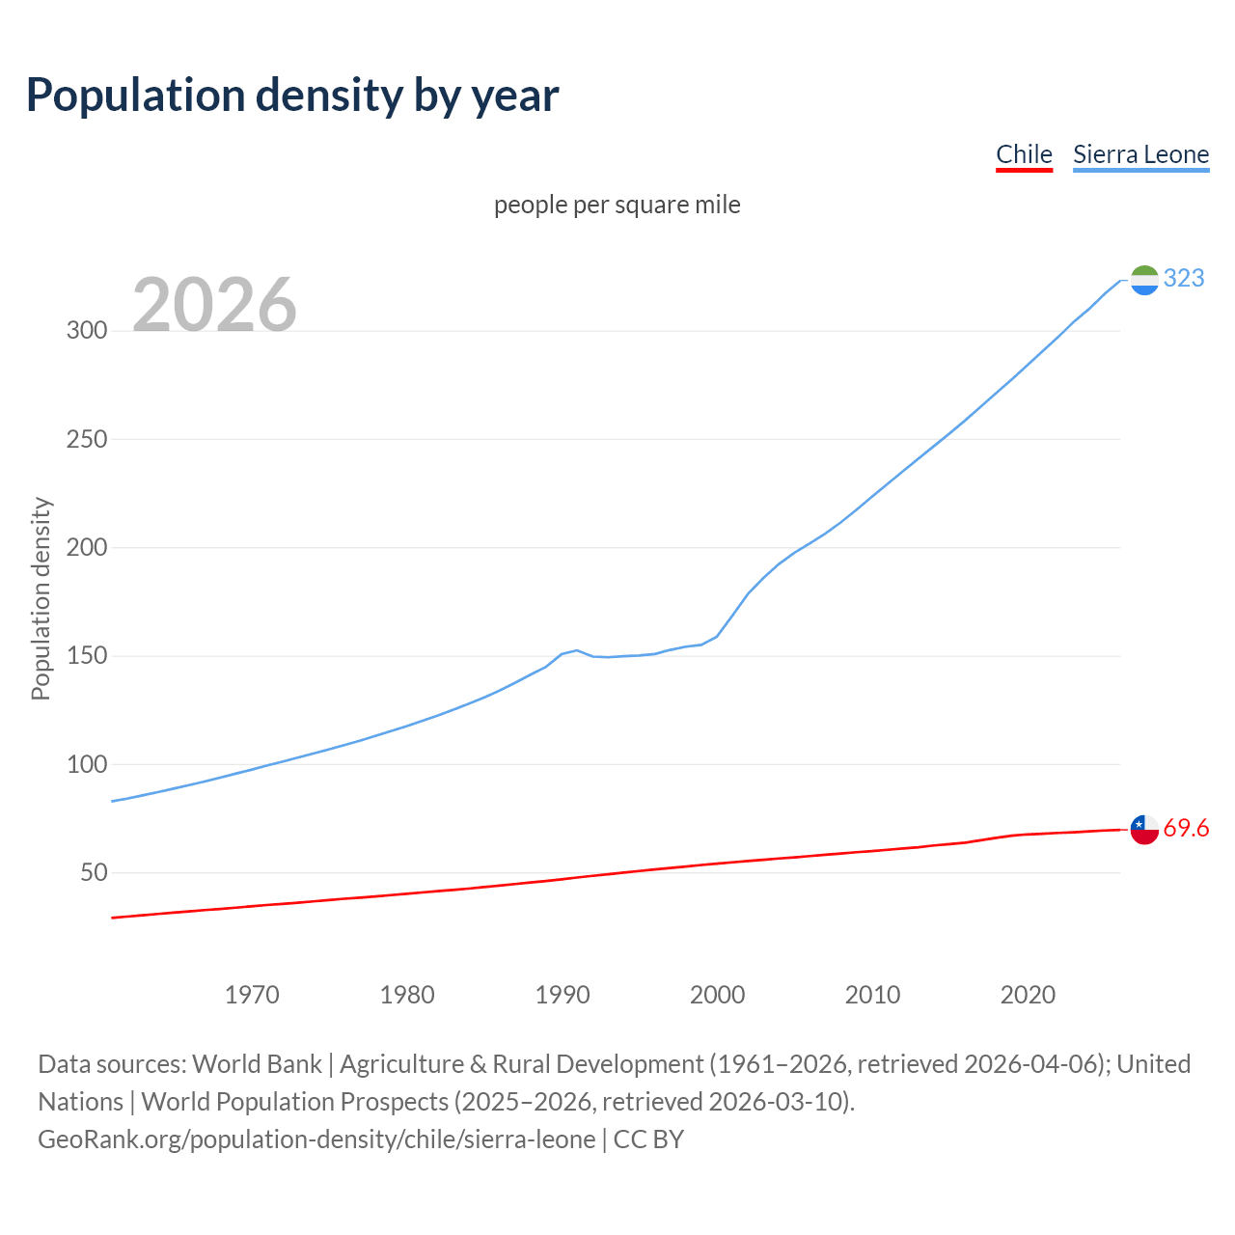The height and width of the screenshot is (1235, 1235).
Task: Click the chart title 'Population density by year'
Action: pyautogui.click(x=292, y=95)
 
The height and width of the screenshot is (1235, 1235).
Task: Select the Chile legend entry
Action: pyautogui.click(x=1024, y=154)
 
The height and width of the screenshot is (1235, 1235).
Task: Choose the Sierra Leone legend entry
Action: pyautogui.click(x=1140, y=154)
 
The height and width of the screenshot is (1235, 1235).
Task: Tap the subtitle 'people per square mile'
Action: pyautogui.click(x=617, y=205)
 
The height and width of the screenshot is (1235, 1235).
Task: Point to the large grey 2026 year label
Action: pyautogui.click(x=214, y=305)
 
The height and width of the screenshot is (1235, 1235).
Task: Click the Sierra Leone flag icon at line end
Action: pyautogui.click(x=1144, y=280)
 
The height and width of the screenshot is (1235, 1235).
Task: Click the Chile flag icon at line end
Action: pyautogui.click(x=1144, y=829)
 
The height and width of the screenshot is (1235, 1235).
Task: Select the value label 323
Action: pyautogui.click(x=1184, y=278)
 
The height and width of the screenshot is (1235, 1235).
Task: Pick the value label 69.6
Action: pyautogui.click(x=1186, y=828)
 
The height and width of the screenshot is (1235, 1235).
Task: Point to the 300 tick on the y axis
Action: pyautogui.click(x=87, y=330)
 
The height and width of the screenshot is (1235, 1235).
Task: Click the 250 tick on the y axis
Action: pyautogui.click(x=87, y=439)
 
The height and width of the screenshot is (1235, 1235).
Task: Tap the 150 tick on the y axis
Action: pyautogui.click(x=87, y=656)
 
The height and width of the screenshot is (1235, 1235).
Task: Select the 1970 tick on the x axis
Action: pyautogui.click(x=252, y=994)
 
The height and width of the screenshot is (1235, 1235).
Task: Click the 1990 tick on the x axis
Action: pyautogui.click(x=563, y=994)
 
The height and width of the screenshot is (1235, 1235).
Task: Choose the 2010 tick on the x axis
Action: pyautogui.click(x=872, y=994)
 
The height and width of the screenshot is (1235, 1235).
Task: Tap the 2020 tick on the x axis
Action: pyautogui.click(x=1028, y=994)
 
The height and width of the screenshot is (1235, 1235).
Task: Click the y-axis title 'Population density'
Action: pyautogui.click(x=41, y=598)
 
